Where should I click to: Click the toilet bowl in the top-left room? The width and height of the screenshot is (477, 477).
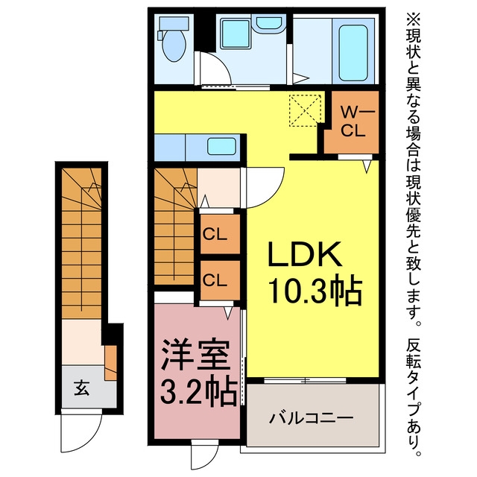pos(174,45)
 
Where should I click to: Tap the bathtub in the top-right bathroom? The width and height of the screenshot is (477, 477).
pos(353,53)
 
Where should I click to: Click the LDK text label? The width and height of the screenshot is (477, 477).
pos(304,255)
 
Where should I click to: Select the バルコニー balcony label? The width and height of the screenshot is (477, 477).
pos(312,418)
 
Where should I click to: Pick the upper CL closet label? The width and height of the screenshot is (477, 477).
pos(215,235)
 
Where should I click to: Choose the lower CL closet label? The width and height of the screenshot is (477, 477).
pos(215,280)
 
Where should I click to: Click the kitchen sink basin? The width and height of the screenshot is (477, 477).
pos(222,146)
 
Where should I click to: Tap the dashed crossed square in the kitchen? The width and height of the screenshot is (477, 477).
pos(305,110)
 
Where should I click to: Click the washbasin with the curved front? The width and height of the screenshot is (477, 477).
pos(268,25)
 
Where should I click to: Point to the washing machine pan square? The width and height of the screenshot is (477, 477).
pos(236,34)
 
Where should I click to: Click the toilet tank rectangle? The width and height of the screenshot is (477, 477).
pos(174,23)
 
